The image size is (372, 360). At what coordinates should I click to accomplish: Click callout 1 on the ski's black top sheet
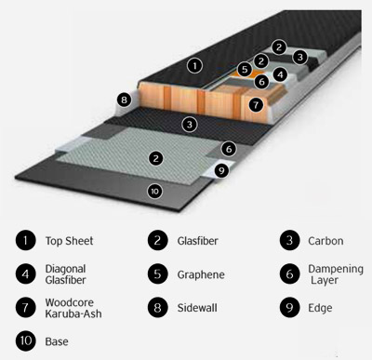(x=194, y=66)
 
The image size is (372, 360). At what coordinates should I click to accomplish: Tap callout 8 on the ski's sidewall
(x=124, y=100)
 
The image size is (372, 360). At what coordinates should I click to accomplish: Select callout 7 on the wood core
(x=256, y=105)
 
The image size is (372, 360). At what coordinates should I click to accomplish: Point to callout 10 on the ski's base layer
(x=154, y=192)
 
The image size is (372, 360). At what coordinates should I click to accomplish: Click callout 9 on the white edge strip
(x=221, y=170)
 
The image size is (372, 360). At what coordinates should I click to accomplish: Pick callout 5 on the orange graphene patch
(x=245, y=69)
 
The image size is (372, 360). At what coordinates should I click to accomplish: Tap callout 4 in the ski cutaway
(x=280, y=74)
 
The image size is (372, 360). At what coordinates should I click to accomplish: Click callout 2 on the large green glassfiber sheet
(x=156, y=158)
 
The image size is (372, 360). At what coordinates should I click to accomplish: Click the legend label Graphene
(x=201, y=274)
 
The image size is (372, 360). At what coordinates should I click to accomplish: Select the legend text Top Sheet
(x=69, y=241)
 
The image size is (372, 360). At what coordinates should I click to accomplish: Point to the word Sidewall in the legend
(x=197, y=308)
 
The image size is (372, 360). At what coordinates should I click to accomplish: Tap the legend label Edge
(x=320, y=308)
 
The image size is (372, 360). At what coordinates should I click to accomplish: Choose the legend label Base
(x=57, y=341)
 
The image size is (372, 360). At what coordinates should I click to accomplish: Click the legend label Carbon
(x=325, y=241)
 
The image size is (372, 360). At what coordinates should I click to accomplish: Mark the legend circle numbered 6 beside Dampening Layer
(x=289, y=273)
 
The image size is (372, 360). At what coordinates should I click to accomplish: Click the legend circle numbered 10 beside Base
(x=26, y=340)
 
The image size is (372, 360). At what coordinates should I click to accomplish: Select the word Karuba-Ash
(x=73, y=313)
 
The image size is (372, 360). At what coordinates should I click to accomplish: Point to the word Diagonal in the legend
(x=65, y=269)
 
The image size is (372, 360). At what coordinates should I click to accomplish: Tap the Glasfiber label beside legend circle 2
(x=197, y=241)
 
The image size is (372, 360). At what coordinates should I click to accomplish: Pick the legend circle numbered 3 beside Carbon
(x=289, y=240)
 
